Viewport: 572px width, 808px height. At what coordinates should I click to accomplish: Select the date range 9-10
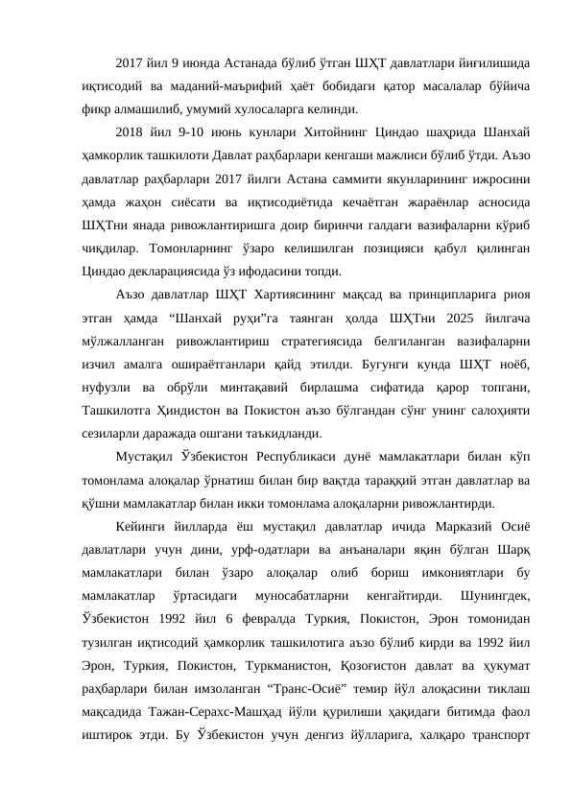(179, 131)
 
